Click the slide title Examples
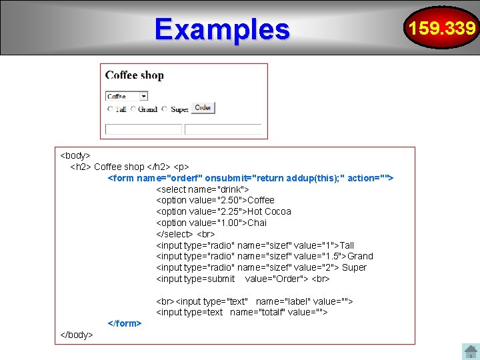tap(222, 29)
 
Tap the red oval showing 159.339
tap(442, 28)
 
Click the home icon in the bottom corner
tap(471, 351)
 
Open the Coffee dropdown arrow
tap(143, 96)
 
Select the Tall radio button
tap(110, 109)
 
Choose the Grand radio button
tap(133, 109)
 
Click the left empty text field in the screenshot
tap(143, 129)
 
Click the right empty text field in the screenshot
tap(223, 129)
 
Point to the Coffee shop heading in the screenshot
tap(135, 75)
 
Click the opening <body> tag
tap(75, 155)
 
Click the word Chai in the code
tap(257, 223)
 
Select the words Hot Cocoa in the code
tap(269, 211)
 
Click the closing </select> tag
tap(174, 234)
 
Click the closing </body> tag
tap(77, 334)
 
